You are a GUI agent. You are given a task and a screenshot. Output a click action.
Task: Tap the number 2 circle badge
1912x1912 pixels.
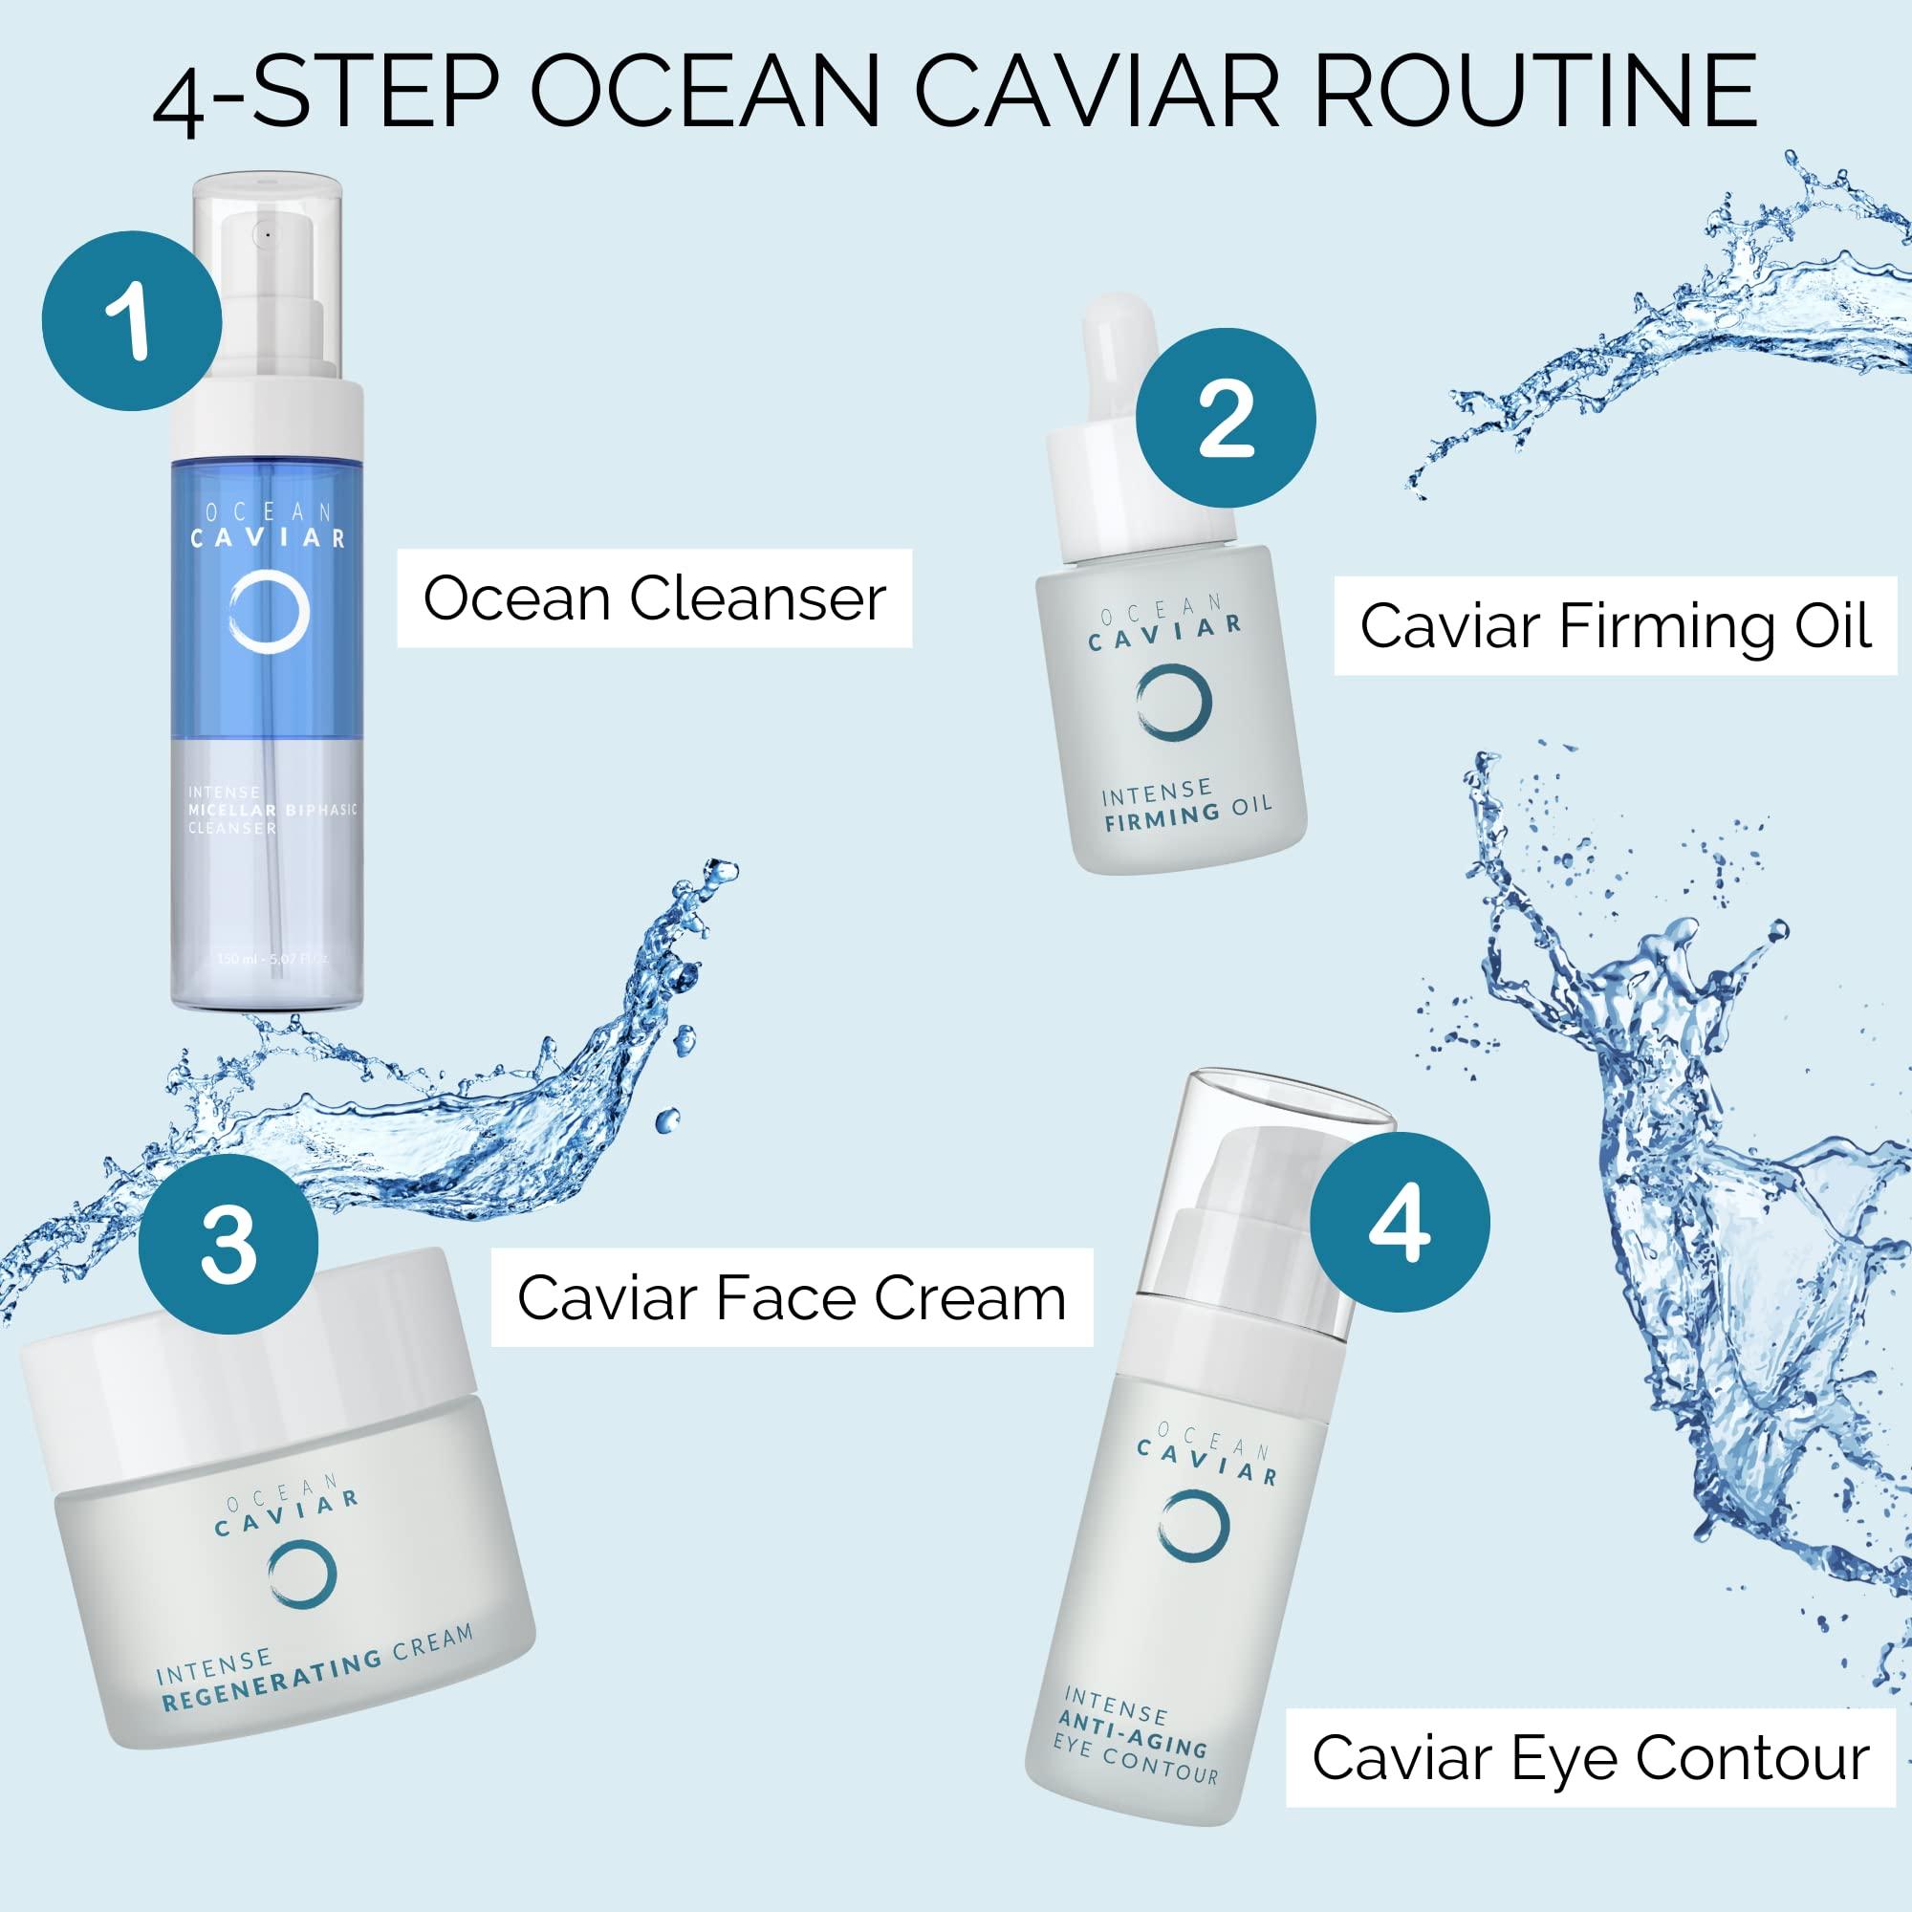(1226, 420)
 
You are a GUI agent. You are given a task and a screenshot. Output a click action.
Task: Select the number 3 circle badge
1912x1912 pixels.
(228, 1243)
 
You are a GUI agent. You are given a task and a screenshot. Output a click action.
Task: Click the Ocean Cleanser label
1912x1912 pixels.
(654, 598)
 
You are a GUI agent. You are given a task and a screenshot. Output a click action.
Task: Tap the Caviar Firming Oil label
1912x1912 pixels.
(1615, 626)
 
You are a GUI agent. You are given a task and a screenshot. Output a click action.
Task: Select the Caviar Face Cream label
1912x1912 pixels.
(792, 1297)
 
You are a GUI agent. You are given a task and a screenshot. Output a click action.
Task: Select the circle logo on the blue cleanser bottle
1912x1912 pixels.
(271, 614)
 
